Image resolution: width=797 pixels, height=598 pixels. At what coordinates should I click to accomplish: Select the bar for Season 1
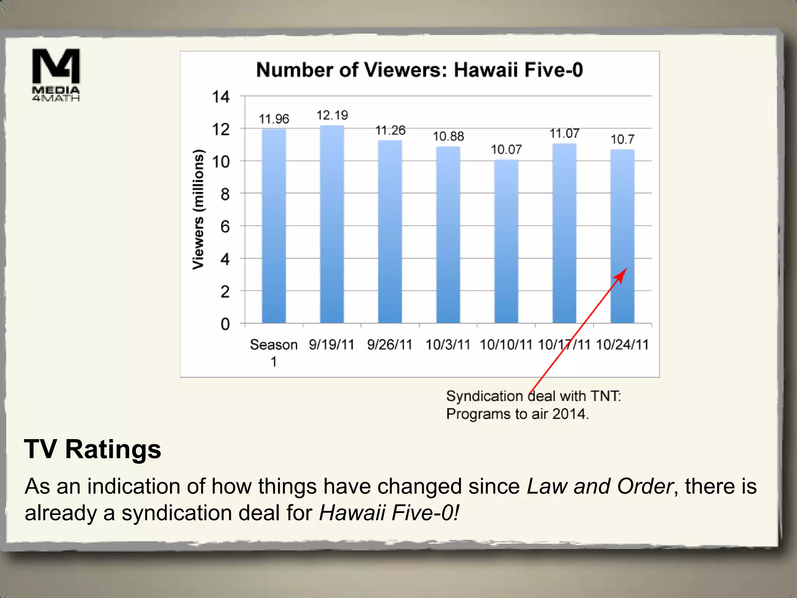click(274, 226)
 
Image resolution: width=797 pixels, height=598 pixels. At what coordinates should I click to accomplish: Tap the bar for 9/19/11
click(332, 224)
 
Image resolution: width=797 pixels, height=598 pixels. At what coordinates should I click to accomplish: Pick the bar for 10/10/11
click(506, 241)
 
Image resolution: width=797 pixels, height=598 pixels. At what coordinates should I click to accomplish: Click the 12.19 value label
click(332, 115)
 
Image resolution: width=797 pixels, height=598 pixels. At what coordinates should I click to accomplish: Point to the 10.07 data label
click(506, 149)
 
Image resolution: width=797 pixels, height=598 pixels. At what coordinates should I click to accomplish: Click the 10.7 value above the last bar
click(622, 139)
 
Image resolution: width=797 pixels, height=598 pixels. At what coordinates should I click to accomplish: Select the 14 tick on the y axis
click(221, 97)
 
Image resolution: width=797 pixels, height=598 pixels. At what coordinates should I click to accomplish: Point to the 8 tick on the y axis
click(225, 194)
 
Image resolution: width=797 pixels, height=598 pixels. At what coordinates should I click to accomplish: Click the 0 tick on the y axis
click(225, 324)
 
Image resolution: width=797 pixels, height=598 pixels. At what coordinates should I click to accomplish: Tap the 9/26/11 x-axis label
click(390, 345)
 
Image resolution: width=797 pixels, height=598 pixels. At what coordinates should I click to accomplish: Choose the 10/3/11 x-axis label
click(448, 345)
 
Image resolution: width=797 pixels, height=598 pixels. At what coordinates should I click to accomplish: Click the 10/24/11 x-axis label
click(622, 345)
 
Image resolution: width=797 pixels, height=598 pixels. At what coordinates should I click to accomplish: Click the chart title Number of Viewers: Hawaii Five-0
click(420, 70)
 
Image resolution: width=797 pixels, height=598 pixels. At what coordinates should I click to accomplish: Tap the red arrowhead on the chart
click(621, 274)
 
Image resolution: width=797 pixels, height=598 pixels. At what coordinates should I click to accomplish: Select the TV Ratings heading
click(93, 449)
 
